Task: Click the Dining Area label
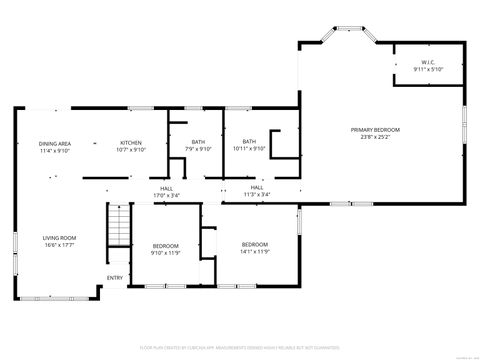click(55, 144)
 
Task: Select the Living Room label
click(59, 238)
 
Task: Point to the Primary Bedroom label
click(375, 130)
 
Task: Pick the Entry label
click(115, 278)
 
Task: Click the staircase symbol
click(118, 224)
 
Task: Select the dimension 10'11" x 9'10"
click(249, 150)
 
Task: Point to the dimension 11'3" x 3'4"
click(257, 194)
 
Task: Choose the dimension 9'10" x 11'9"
click(165, 253)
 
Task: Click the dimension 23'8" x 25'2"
click(375, 137)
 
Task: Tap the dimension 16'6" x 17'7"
click(59, 245)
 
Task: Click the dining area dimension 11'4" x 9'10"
click(55, 151)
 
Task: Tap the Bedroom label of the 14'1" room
click(255, 244)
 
